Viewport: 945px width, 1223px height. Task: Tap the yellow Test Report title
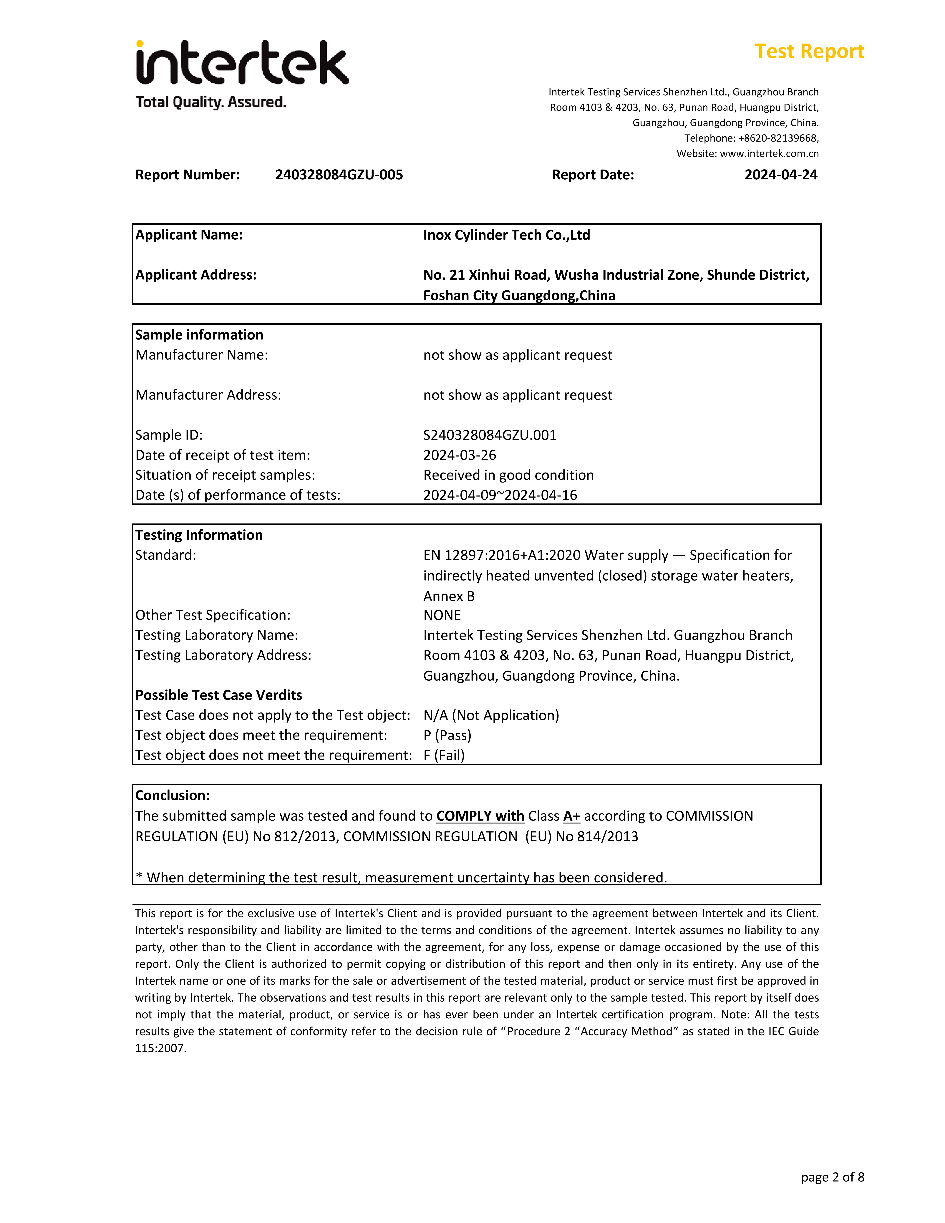[809, 52]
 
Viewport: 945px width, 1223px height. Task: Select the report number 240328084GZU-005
[339, 175]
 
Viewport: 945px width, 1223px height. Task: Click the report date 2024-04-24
[780, 175]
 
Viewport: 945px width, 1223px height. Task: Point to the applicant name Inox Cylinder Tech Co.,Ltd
[506, 235]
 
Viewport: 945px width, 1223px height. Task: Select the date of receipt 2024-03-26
[460, 455]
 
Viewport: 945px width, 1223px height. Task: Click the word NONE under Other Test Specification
[442, 615]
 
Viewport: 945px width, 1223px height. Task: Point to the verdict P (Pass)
[447, 735]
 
